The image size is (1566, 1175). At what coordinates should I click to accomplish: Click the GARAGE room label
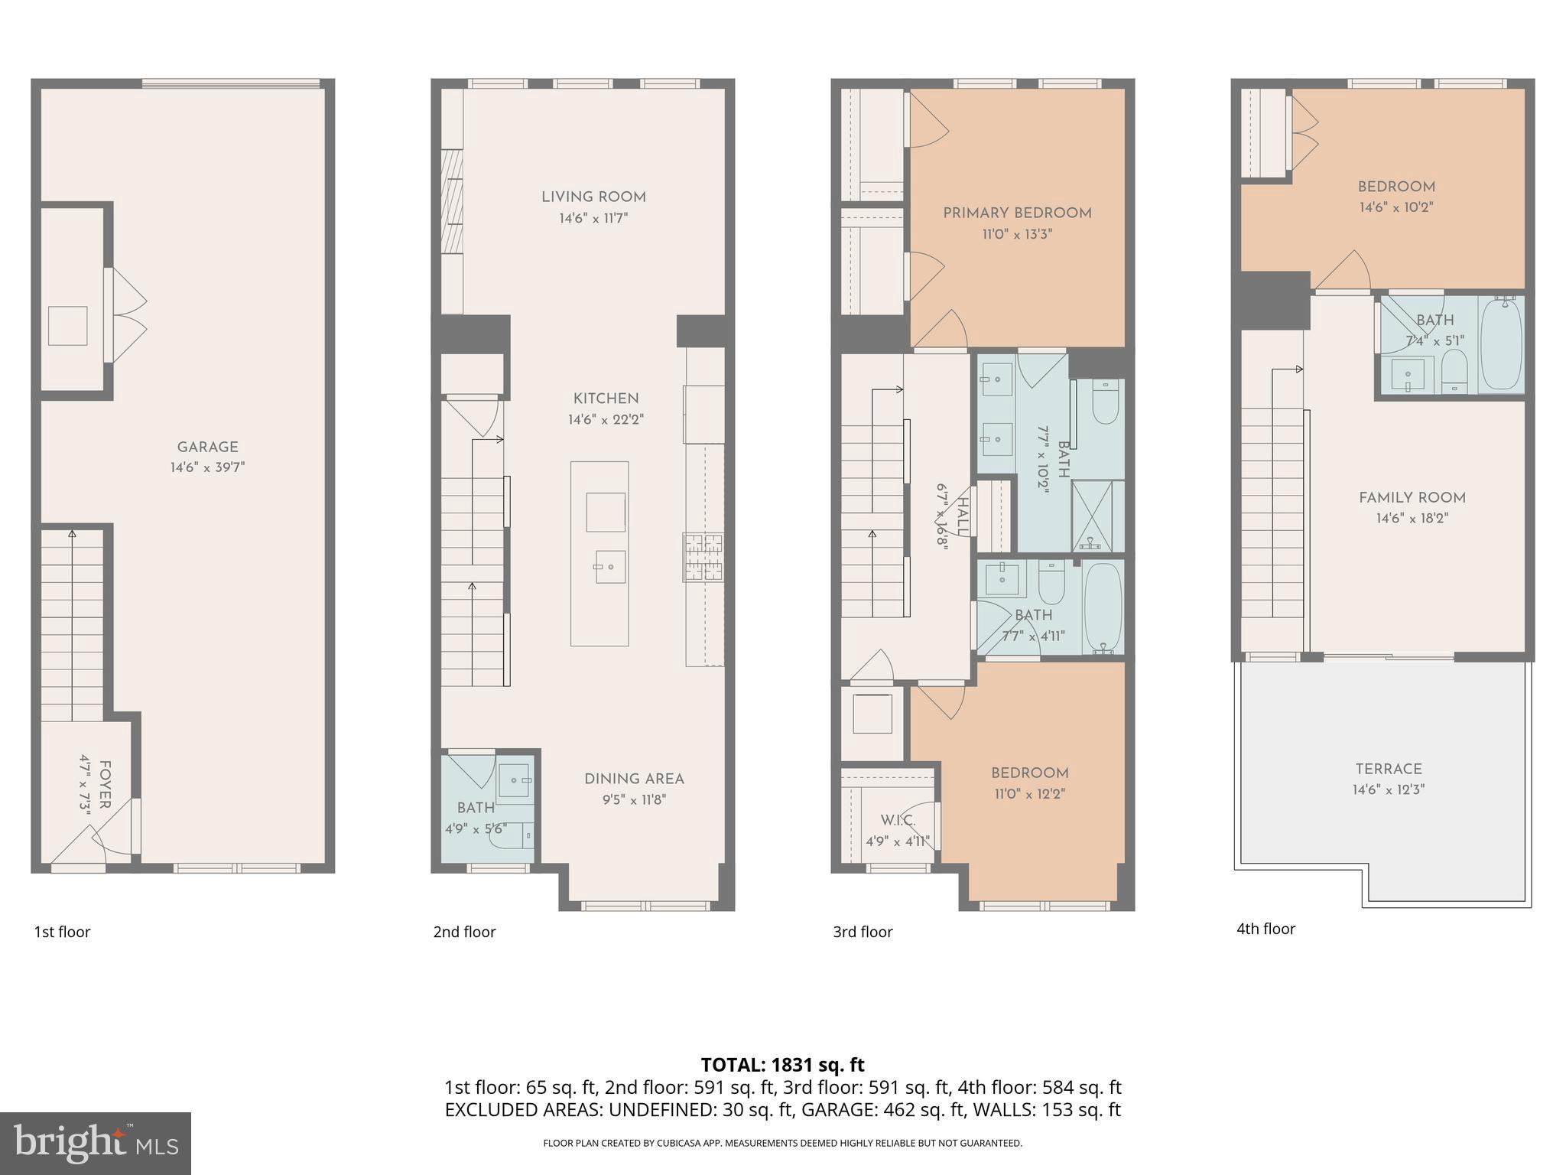[207, 448]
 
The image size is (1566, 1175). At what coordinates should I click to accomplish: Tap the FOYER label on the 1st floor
[105, 784]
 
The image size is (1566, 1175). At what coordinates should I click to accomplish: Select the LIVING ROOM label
[593, 197]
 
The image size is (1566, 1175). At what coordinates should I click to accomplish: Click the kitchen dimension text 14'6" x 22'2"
[606, 420]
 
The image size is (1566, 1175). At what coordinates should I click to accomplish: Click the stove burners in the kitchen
[703, 556]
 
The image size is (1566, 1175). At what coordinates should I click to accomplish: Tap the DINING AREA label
[634, 780]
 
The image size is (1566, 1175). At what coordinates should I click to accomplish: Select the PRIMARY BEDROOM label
[1017, 213]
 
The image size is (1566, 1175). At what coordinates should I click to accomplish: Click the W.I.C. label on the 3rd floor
[898, 821]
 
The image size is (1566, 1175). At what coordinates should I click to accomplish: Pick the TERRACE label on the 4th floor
[1389, 770]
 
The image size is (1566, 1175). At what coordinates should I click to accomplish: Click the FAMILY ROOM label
[1412, 498]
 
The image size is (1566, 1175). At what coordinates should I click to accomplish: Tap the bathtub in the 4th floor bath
[1501, 345]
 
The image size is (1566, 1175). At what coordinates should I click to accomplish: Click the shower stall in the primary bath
[1097, 516]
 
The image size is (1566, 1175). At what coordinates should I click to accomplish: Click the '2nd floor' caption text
[464, 932]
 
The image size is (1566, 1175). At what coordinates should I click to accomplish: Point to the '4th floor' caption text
[1265, 929]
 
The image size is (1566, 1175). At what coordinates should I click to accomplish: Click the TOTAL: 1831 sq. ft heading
[782, 1065]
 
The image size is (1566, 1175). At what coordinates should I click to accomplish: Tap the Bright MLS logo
[95, 1143]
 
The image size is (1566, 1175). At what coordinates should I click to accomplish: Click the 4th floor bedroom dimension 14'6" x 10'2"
[1395, 207]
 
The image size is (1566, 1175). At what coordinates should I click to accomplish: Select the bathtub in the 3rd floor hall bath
[1103, 607]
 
